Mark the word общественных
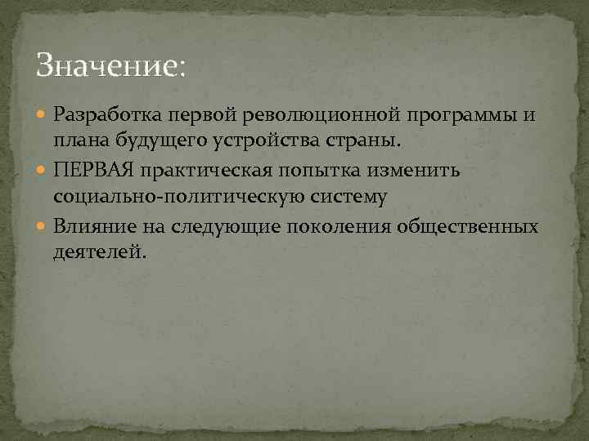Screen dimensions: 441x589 467,226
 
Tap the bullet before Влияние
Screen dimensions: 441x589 43,226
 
